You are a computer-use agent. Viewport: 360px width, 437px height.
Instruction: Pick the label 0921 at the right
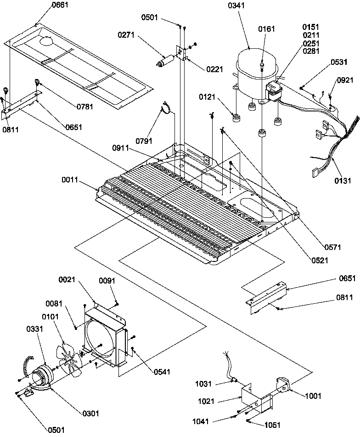tap(345, 80)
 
